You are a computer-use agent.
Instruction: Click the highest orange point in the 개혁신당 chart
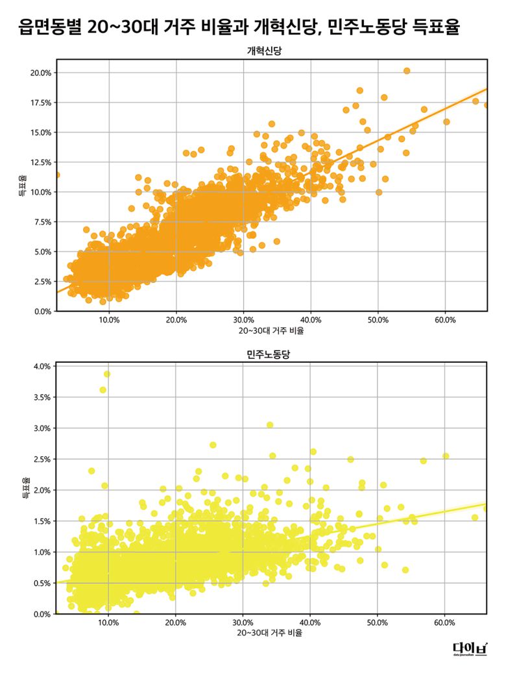[407, 71]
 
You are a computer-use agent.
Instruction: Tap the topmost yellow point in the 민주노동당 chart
[107, 374]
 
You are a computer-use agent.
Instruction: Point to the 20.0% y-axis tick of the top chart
[41, 73]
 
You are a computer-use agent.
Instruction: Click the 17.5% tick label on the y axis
[41, 103]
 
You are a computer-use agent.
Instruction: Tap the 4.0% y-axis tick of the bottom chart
[43, 366]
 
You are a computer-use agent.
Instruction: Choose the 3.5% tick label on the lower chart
[43, 397]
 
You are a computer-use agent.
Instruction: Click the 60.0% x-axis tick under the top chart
[445, 320]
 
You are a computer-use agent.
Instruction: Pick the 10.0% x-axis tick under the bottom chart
[108, 622]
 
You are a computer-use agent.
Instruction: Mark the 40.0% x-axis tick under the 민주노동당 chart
[310, 622]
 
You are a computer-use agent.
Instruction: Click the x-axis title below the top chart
[271, 330]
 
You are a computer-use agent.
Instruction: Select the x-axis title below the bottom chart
[271, 633]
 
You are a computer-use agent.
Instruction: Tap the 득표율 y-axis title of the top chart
[23, 185]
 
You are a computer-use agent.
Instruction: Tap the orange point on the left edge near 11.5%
[56, 175]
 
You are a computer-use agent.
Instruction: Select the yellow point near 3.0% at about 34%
[270, 425]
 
